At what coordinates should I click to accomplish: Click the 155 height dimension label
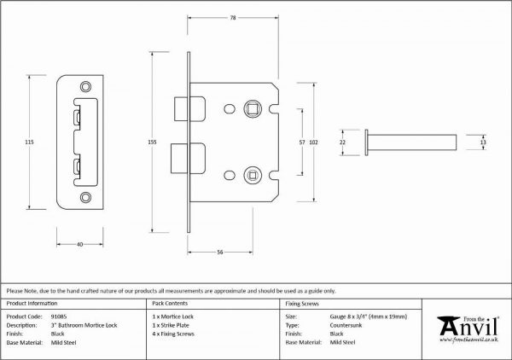tap(153, 142)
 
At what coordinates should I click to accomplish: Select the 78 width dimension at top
tap(233, 18)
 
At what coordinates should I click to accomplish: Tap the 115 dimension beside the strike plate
tap(29, 142)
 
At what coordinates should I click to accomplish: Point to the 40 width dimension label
tap(79, 244)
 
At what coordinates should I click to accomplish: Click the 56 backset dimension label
tap(220, 252)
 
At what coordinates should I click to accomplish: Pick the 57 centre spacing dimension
tap(302, 142)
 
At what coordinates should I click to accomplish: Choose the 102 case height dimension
tap(313, 142)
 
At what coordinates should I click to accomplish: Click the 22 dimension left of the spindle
tap(342, 142)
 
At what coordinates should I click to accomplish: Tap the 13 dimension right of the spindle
tap(483, 142)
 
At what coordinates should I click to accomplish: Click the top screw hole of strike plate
tap(85, 86)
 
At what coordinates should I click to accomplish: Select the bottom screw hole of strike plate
tap(85, 197)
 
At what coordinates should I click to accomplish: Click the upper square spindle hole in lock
tap(253, 108)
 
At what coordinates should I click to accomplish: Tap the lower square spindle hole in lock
tap(253, 175)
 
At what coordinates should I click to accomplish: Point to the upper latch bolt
tap(190, 108)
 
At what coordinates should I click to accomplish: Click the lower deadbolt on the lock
tap(188, 159)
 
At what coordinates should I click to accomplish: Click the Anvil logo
tap(468, 329)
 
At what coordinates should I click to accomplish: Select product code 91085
tap(59, 316)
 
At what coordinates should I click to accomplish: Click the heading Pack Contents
tap(170, 303)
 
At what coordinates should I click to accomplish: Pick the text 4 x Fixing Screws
tap(173, 334)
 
